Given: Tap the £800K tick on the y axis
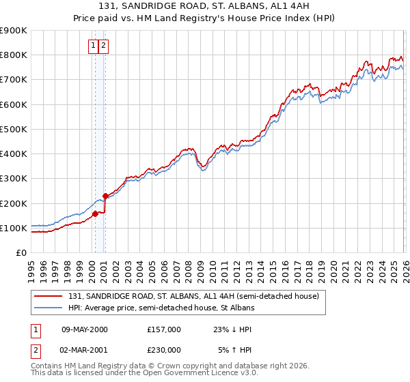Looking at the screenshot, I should tap(14, 55).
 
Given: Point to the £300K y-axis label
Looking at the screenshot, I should tap(14, 179).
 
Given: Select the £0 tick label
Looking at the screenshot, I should tap(21, 253).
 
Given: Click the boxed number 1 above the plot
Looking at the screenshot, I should tap(93, 46).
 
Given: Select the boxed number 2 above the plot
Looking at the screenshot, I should tap(103, 46).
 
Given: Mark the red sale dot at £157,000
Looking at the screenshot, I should tap(95, 214).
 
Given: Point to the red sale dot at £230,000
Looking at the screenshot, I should tap(105, 196).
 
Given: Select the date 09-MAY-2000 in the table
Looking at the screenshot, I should tap(84, 329).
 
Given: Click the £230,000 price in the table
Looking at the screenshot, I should tap(164, 350).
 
